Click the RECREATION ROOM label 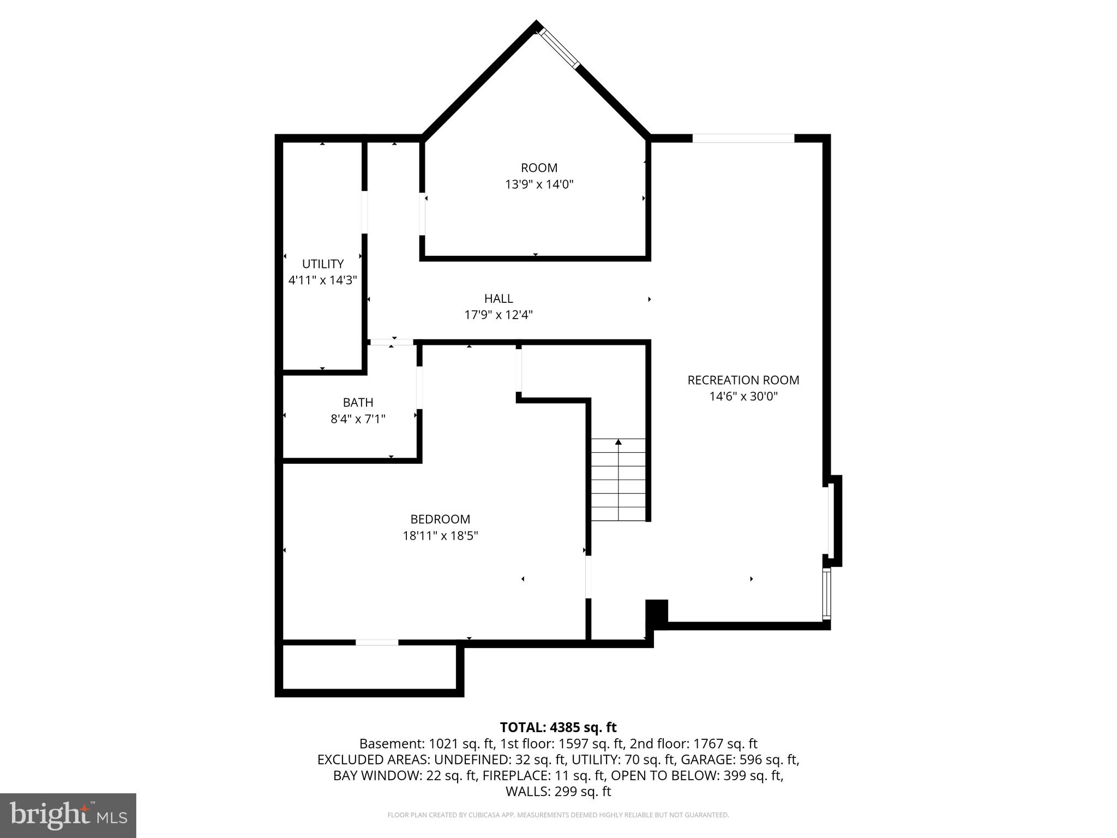click(x=743, y=380)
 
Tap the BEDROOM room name click(x=440, y=519)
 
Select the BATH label click(x=358, y=403)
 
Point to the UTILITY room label click(x=323, y=264)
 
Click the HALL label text click(x=499, y=298)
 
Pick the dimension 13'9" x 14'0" click(x=539, y=184)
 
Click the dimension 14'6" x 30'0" click(x=743, y=397)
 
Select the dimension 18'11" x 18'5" click(x=440, y=536)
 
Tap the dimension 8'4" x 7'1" click(x=358, y=419)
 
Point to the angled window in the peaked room click(x=559, y=48)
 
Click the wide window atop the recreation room click(x=743, y=139)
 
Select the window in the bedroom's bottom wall click(x=377, y=642)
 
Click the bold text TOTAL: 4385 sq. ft click(x=558, y=727)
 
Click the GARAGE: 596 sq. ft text click(x=754, y=759)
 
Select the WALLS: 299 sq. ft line click(x=558, y=792)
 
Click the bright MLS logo click(x=68, y=816)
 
